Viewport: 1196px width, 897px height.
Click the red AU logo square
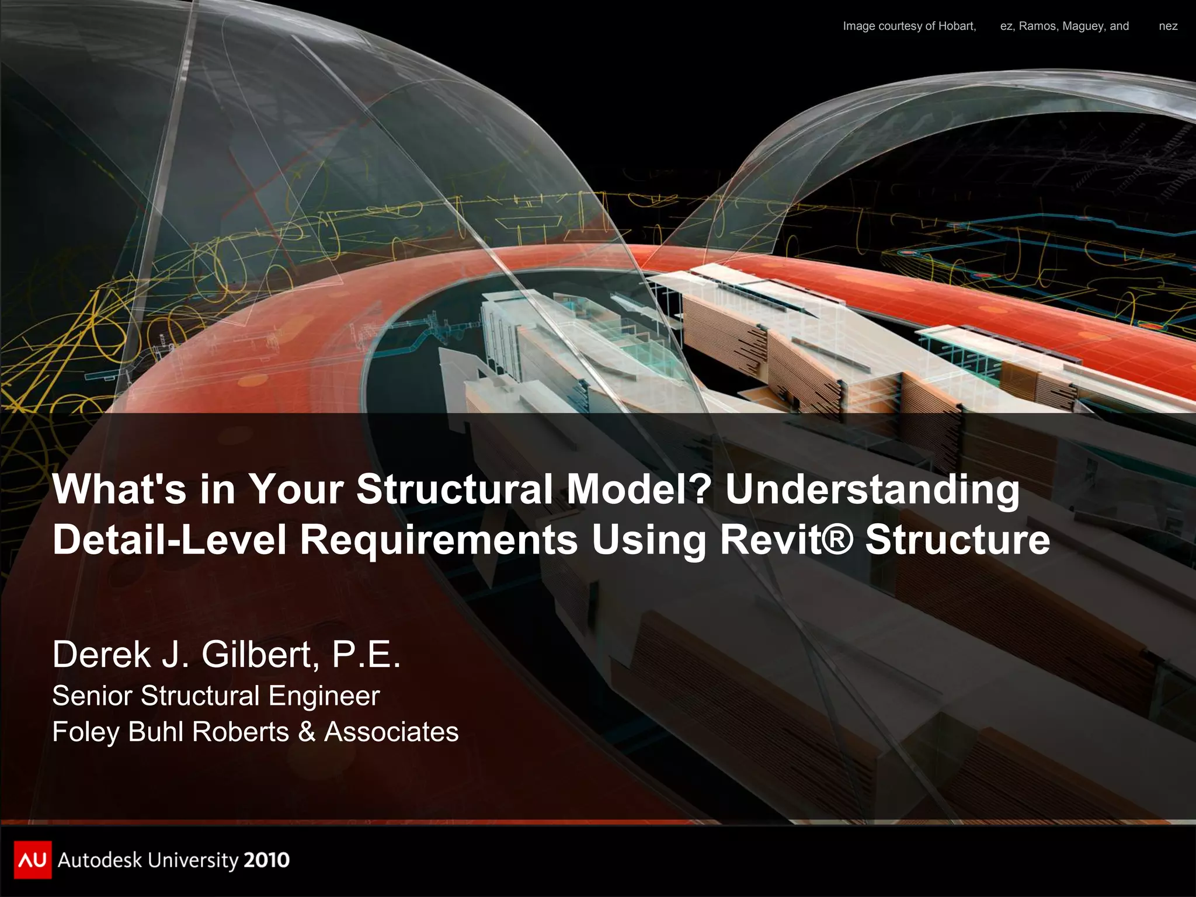[33, 860]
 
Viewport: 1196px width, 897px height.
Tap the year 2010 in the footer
[266, 860]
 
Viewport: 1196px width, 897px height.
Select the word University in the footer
[193, 860]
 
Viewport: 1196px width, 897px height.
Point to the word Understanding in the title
[872, 489]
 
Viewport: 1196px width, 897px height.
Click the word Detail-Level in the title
[169, 539]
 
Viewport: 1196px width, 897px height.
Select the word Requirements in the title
[439, 540]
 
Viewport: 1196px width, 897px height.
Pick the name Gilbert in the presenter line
[260, 654]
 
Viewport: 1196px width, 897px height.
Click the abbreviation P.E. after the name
[366, 654]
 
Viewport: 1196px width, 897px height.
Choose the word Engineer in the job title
[324, 696]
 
